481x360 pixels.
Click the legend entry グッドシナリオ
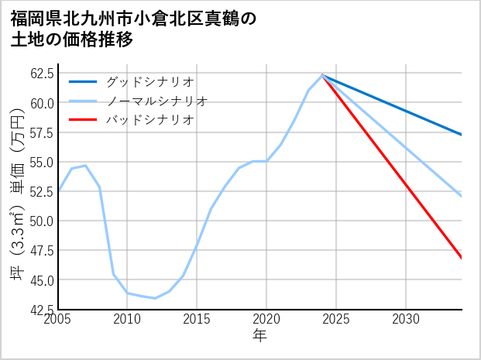click(x=149, y=81)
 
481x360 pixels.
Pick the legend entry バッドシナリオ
click(x=149, y=120)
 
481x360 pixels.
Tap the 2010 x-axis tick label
click(x=128, y=319)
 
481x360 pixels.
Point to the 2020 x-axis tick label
click(x=266, y=319)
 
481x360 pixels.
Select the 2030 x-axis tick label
click(x=405, y=319)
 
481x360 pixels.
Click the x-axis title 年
click(x=260, y=335)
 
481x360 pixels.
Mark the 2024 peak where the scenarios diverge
click(x=322, y=75)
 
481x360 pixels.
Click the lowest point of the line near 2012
click(x=155, y=298)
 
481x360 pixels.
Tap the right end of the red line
click(x=461, y=258)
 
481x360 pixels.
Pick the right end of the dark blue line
click(x=461, y=135)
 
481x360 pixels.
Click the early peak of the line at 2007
click(x=86, y=166)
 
